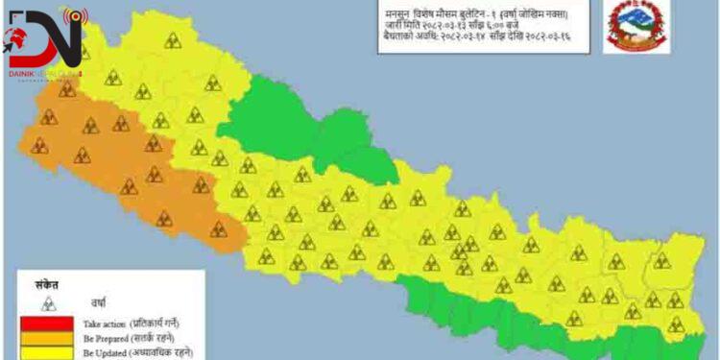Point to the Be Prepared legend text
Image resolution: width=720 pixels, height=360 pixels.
click(x=107, y=339)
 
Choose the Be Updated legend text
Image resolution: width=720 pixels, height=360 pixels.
click(x=107, y=353)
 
